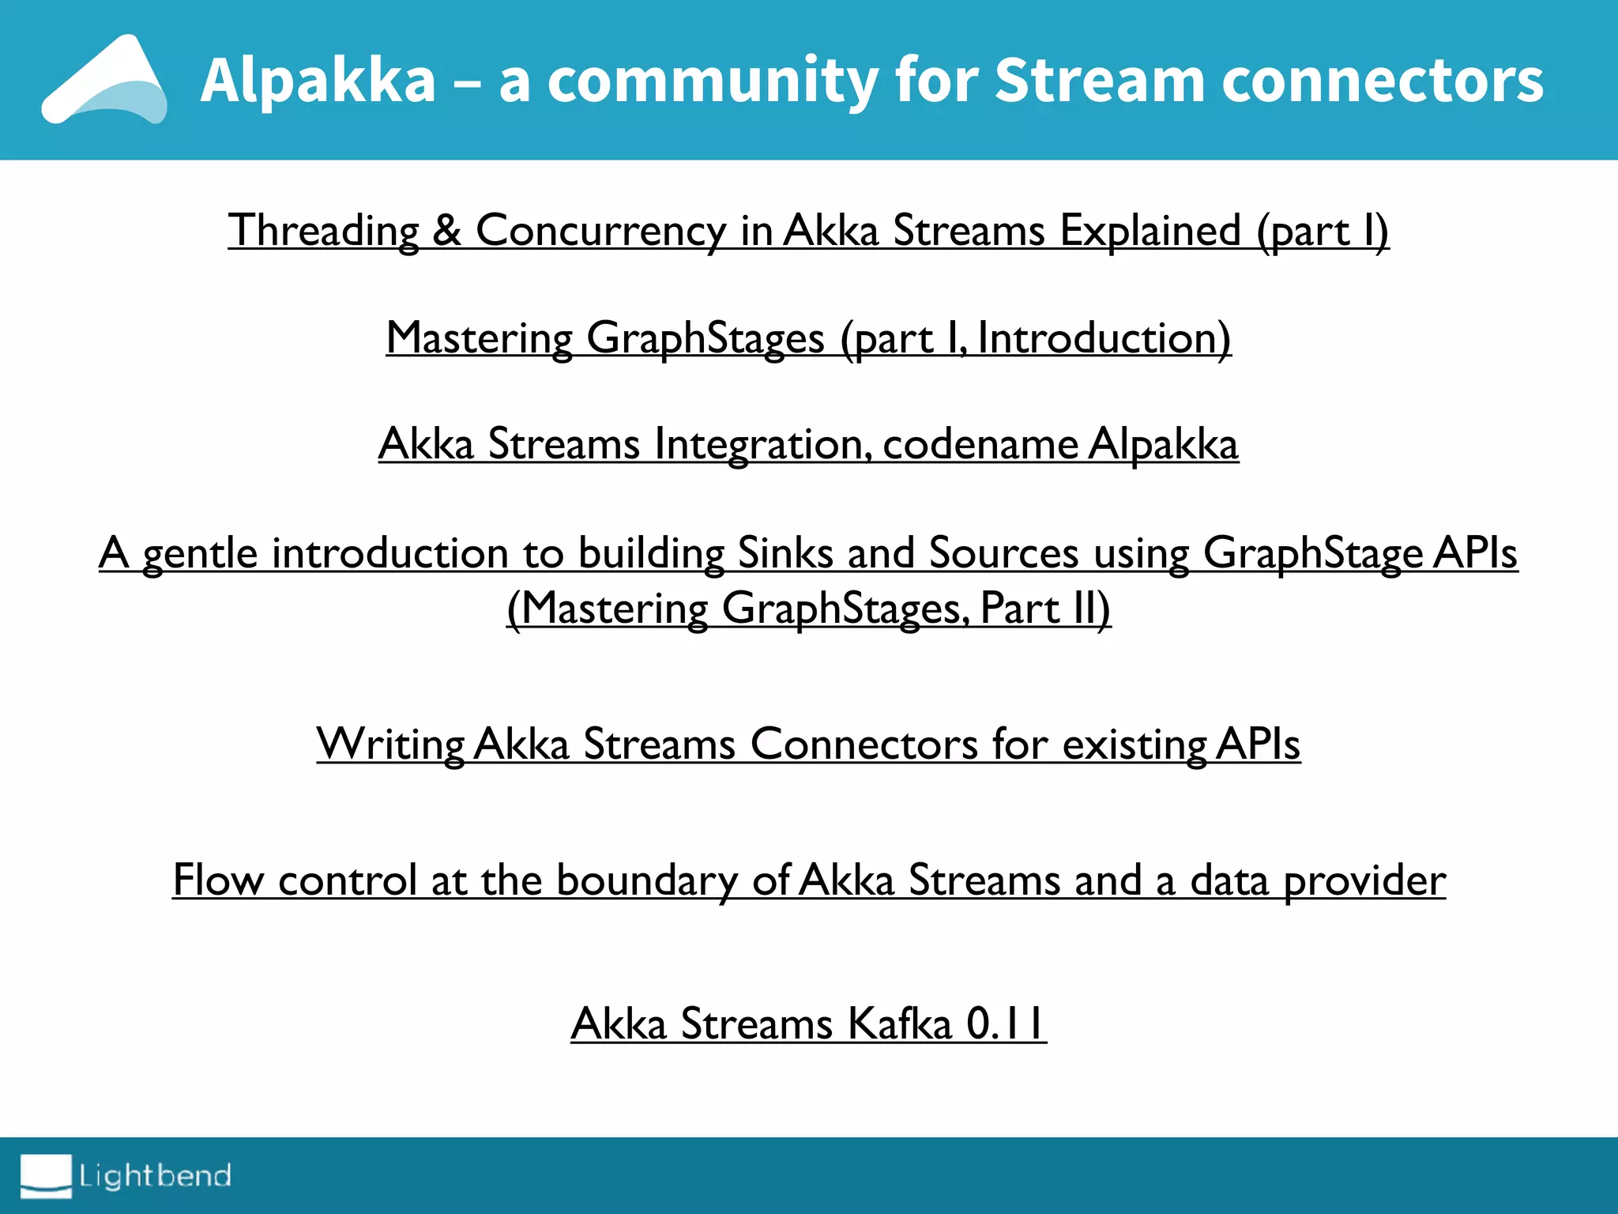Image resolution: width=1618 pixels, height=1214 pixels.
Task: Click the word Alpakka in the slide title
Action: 318,81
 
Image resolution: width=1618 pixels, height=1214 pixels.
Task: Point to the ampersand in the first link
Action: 447,231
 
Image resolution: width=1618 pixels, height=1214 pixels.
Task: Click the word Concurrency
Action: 600,231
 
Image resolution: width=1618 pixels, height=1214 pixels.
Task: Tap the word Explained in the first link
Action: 1150,231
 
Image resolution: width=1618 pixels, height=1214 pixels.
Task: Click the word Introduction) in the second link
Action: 1104,338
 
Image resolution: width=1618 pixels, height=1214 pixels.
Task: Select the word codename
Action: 980,444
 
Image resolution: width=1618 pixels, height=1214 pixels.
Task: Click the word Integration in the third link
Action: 763,444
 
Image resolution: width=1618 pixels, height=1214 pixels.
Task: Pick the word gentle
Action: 199,553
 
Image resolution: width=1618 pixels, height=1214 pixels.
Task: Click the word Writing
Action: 390,745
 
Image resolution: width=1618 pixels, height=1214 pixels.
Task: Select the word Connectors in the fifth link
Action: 864,745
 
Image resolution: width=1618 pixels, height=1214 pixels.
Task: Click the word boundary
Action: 647,880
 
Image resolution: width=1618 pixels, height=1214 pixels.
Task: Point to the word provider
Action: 1364,880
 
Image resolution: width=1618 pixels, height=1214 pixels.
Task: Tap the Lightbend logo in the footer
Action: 126,1176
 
